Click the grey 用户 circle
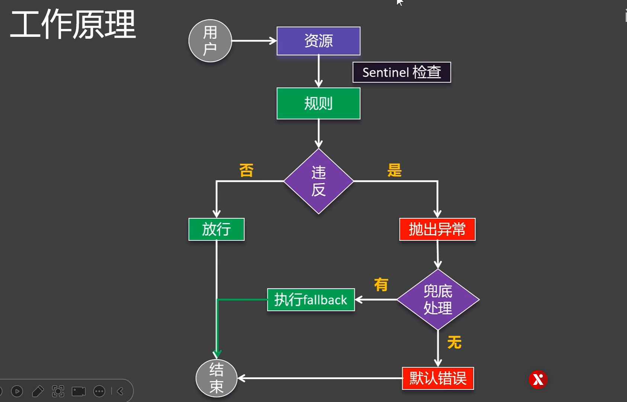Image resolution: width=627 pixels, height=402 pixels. [210, 41]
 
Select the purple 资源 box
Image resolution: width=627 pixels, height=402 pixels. [318, 41]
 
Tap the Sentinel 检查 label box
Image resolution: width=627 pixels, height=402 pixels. [402, 72]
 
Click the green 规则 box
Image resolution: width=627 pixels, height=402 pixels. [318, 103]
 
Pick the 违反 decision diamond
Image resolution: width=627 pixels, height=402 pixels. [319, 181]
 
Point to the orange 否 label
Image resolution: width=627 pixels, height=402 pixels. [246, 171]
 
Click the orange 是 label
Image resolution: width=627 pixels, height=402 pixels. [394, 170]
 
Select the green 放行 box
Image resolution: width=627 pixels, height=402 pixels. [216, 229]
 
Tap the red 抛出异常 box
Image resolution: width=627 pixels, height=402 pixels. [437, 229]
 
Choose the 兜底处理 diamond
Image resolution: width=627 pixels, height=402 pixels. [438, 299]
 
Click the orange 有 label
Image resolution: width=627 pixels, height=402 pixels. [381, 285]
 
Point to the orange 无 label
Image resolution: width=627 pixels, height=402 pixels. [454, 342]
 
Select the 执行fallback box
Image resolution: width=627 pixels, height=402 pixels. [311, 300]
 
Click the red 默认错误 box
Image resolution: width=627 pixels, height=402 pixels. [438, 378]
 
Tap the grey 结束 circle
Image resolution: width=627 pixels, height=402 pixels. [216, 378]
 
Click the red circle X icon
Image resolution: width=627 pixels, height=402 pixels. [538, 380]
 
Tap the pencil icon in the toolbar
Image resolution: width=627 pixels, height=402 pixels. [38, 391]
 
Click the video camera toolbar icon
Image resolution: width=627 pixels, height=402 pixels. [79, 391]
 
